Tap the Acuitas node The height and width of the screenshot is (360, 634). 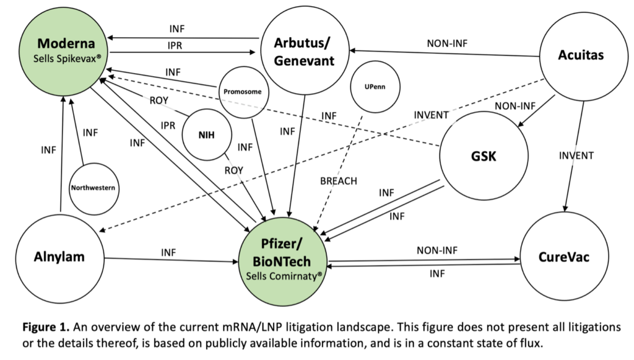pyautogui.click(x=580, y=55)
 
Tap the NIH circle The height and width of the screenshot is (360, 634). pyautogui.click(x=206, y=134)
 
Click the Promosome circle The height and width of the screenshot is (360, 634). pyautogui.click(x=243, y=92)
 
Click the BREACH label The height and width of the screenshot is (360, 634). pyautogui.click(x=339, y=181)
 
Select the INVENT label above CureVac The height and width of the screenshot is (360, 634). pyautogui.click(x=576, y=156)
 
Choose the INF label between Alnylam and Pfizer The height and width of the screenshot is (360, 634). pyautogui.click(x=168, y=252)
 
